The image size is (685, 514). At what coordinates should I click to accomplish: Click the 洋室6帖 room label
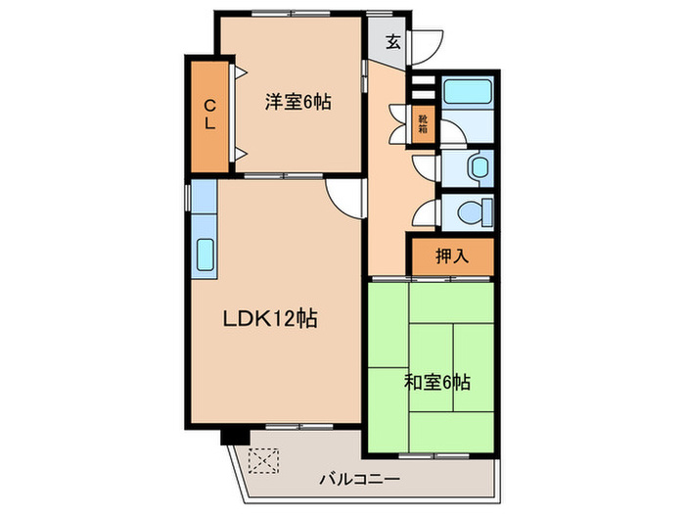click(295, 100)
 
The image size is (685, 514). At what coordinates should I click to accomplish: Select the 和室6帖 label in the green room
click(437, 382)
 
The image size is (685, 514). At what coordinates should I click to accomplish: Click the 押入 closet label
click(452, 257)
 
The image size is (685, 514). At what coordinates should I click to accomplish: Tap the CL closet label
click(209, 115)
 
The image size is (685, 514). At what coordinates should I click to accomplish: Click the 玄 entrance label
click(391, 41)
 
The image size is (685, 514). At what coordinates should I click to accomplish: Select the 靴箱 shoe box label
click(423, 122)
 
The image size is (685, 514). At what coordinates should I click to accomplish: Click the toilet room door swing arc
click(426, 212)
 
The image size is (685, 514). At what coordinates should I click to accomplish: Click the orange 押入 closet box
click(451, 257)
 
